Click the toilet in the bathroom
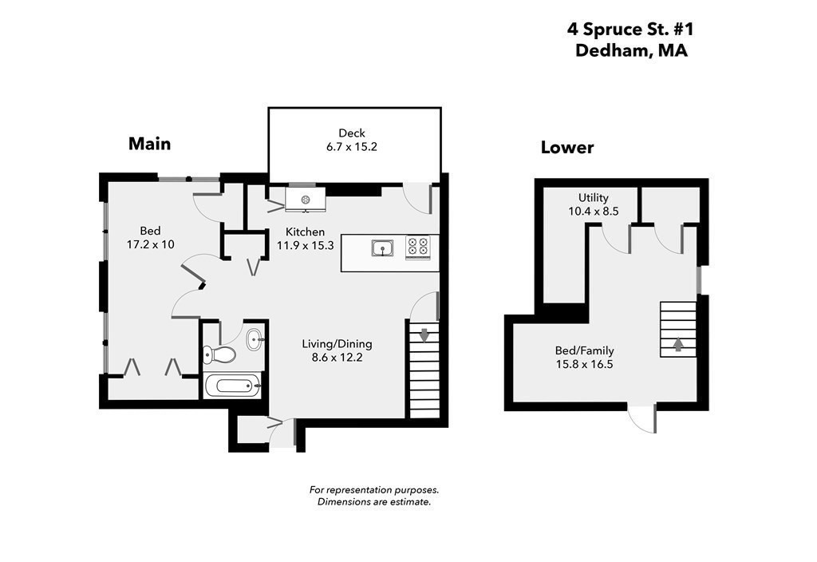(219, 354)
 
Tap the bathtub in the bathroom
(232, 386)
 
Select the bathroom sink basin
(255, 339)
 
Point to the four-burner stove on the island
(417, 247)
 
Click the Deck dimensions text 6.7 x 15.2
(352, 147)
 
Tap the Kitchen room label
(300, 232)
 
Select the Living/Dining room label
(337, 344)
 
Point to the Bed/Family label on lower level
(584, 350)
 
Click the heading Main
(149, 144)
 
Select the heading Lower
(567, 148)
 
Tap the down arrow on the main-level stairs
(424, 334)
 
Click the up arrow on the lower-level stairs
(678, 345)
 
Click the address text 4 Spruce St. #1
(630, 29)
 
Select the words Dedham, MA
(630, 50)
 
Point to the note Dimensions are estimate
(374, 502)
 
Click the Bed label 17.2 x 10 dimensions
(151, 244)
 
